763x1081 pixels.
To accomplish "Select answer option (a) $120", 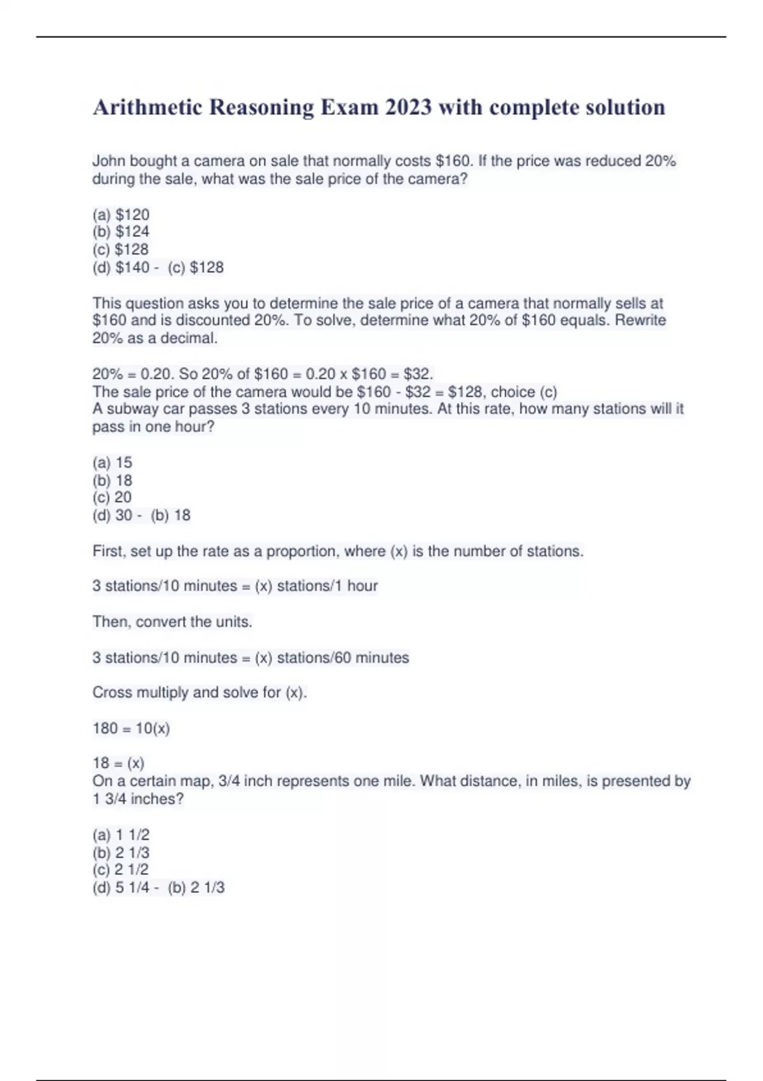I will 121,215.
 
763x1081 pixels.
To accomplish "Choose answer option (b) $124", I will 121,232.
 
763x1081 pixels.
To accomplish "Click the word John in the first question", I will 109,162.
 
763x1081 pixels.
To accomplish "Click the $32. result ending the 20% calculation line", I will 418,373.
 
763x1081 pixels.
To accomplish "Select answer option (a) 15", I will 113,462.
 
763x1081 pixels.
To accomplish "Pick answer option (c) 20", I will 112,497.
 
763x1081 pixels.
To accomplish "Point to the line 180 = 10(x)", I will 131,728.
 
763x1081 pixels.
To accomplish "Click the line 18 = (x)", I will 118,763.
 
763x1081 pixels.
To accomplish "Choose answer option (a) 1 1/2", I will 121,835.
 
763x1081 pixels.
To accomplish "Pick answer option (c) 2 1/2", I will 121,870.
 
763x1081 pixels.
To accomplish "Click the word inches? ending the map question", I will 157,799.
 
